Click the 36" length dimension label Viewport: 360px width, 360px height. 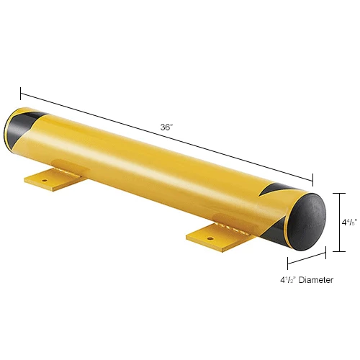coord(166,127)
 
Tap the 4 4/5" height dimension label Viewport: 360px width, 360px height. coord(350,222)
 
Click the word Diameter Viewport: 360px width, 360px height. coord(316,280)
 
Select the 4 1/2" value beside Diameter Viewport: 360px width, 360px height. coord(288,280)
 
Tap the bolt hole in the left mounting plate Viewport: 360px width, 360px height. coord(45,180)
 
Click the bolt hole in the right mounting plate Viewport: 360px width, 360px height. coord(210,238)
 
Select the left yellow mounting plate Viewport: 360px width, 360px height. coord(53,179)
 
